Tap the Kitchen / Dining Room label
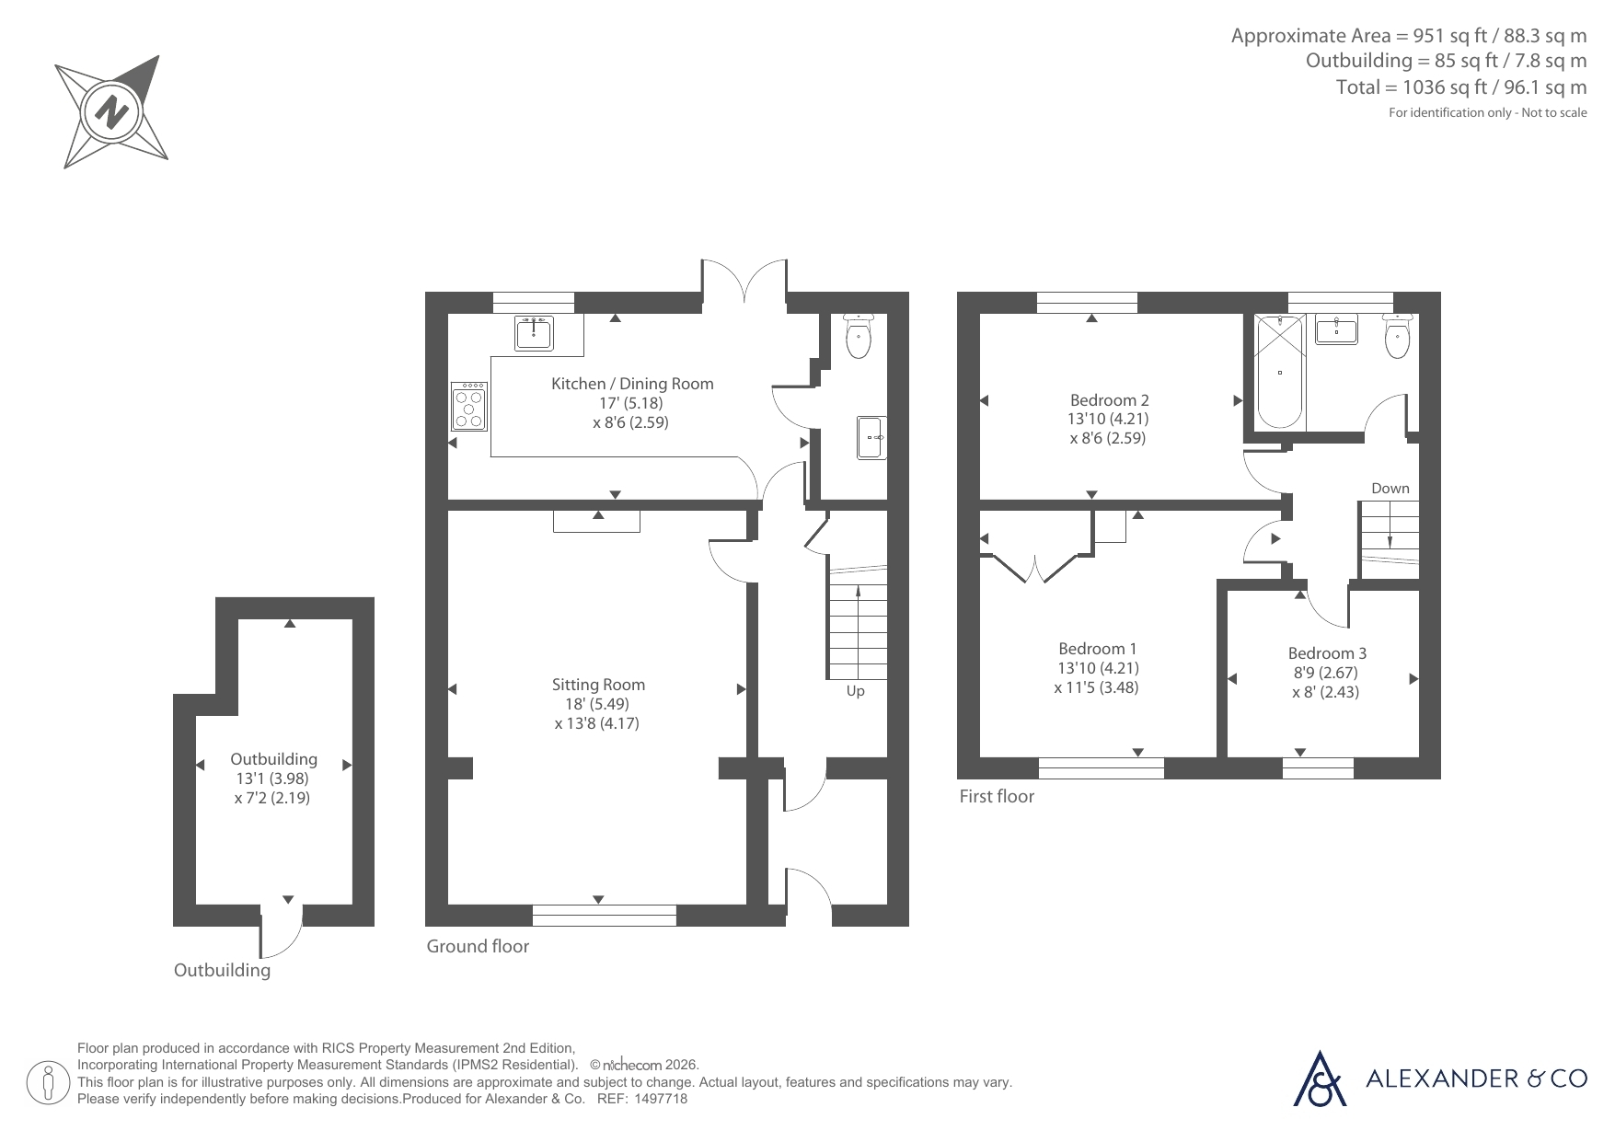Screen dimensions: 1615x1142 tap(632, 384)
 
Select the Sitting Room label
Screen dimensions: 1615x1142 tap(598, 685)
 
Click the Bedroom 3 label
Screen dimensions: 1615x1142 tap(1327, 653)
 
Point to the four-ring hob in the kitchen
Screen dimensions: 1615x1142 tap(469, 407)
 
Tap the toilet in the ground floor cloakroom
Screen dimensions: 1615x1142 tap(858, 336)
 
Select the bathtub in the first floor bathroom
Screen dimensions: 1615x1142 tap(1279, 372)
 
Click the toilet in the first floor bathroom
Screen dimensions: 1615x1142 tap(1397, 336)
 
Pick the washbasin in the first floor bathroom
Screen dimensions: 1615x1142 tap(1337, 329)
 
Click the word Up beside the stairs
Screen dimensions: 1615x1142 tap(856, 691)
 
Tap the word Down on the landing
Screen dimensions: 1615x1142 tap(1390, 489)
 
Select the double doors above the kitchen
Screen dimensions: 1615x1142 tap(744, 280)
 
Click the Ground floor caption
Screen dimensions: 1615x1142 tap(478, 946)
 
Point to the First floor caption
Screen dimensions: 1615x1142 tap(997, 796)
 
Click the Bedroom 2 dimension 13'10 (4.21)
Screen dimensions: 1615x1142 tap(1108, 419)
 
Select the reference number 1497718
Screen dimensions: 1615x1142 tap(662, 1099)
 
